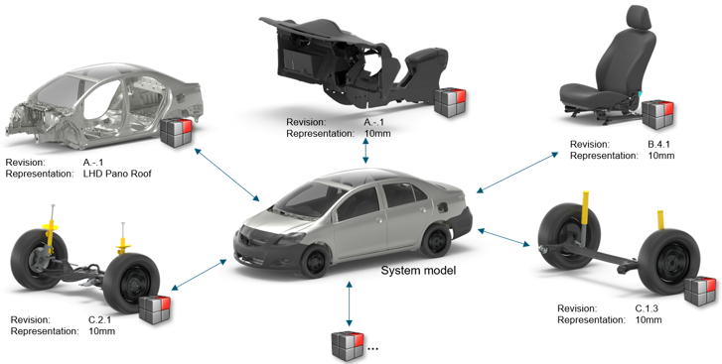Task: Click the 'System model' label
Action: [x=418, y=270]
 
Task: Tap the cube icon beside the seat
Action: [x=658, y=114]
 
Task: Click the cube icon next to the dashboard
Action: [x=450, y=102]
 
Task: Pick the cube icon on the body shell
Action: [x=176, y=133]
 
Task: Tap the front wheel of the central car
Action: [x=317, y=261]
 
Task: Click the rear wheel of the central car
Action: [x=436, y=240]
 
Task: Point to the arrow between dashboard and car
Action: [x=365, y=150]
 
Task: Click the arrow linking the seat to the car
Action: [x=518, y=173]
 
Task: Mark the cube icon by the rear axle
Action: [x=700, y=291]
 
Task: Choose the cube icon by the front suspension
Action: [x=155, y=310]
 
